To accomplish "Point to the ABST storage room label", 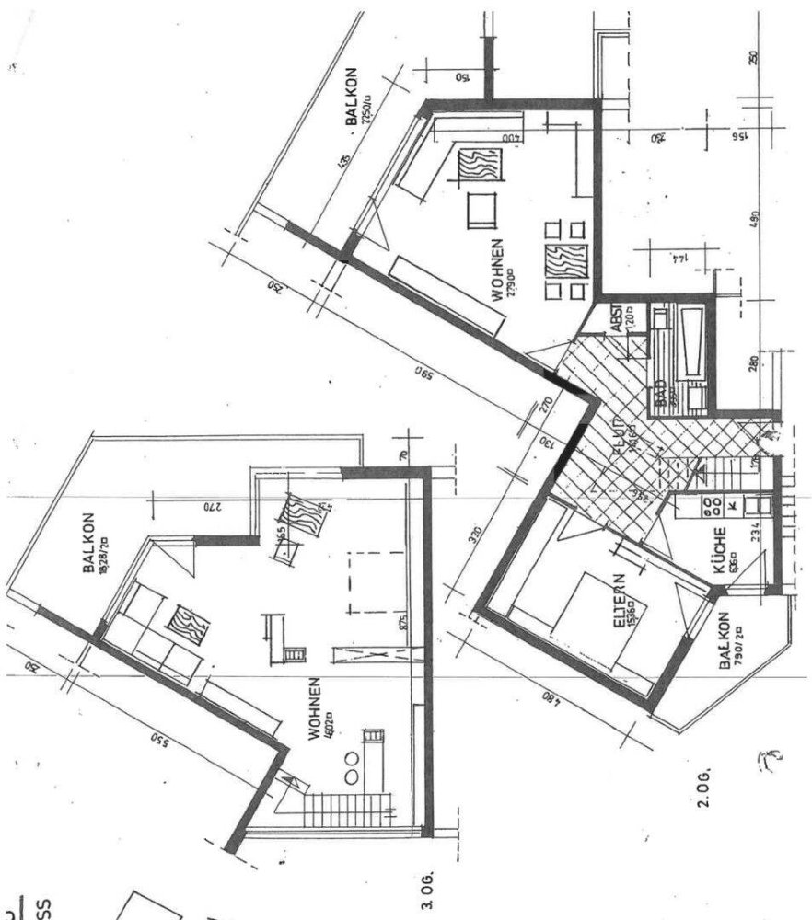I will click(617, 319).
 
